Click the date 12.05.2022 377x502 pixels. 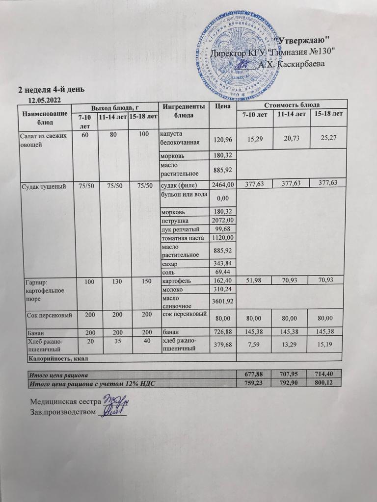[x=44, y=100]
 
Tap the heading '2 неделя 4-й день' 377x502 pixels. [x=52, y=90]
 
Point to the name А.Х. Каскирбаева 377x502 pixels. [x=290, y=64]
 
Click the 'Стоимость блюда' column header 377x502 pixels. [x=292, y=105]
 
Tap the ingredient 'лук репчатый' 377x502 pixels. [x=180, y=229]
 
